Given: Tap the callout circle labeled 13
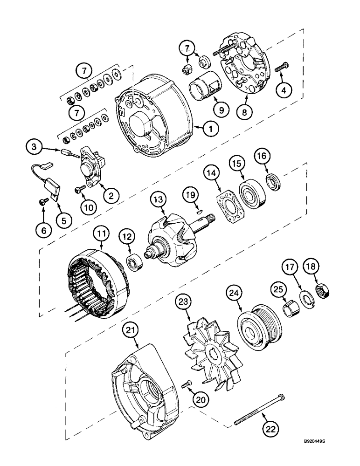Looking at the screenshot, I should coord(158,201).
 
